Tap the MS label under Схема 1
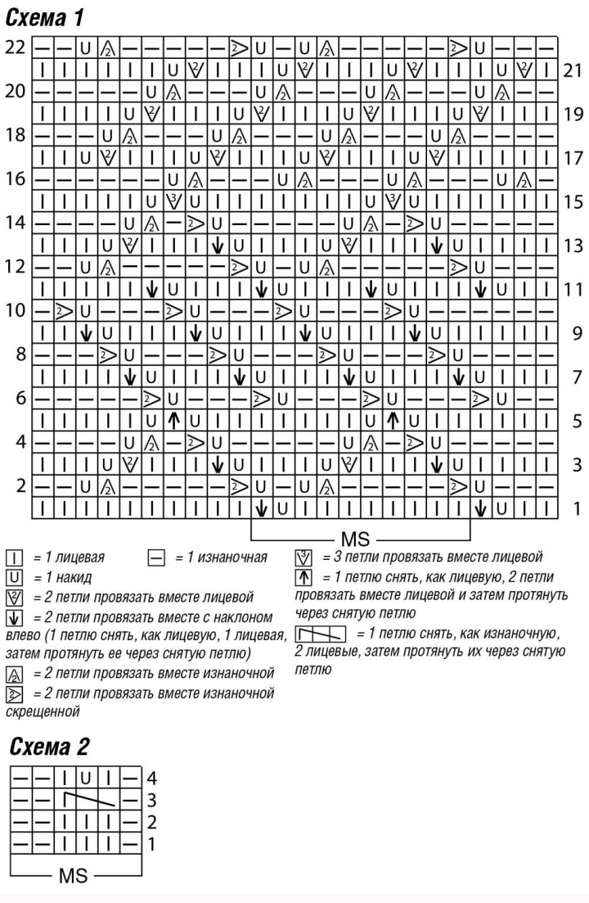(x=359, y=540)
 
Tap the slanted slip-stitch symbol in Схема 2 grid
(x=92, y=795)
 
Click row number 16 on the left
(x=15, y=178)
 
